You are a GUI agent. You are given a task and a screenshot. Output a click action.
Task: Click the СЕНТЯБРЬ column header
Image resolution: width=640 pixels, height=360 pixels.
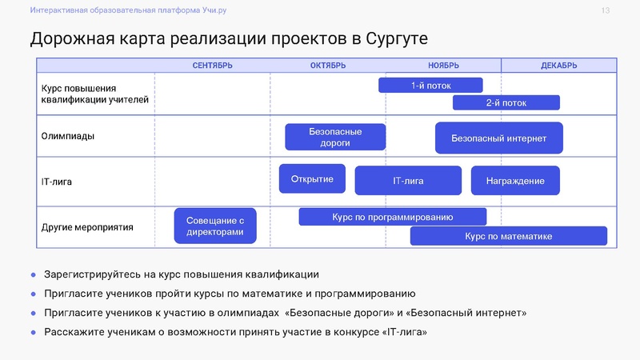(x=212, y=66)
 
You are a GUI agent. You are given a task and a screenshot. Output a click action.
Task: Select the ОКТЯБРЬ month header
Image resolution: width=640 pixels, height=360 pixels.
(x=328, y=66)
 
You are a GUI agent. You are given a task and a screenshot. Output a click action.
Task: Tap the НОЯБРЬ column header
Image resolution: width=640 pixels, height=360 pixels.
(x=443, y=66)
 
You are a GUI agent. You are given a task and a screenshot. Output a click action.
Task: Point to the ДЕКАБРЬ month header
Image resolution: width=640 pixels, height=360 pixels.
(x=558, y=66)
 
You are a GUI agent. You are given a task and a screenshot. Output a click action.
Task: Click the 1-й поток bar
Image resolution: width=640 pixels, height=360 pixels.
(x=430, y=85)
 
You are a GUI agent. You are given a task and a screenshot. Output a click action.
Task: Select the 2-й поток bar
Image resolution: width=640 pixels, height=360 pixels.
(x=506, y=102)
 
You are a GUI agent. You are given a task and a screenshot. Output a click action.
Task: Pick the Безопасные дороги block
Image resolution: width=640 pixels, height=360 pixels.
(x=335, y=137)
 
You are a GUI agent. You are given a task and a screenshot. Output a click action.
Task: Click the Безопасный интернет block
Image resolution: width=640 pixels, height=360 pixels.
(x=498, y=138)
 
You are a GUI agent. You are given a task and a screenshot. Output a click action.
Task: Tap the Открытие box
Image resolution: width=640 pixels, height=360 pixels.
(x=312, y=178)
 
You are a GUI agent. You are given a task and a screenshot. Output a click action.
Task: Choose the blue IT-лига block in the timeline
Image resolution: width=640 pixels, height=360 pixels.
(x=408, y=181)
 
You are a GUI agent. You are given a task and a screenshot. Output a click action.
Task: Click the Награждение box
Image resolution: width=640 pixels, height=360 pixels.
(x=515, y=181)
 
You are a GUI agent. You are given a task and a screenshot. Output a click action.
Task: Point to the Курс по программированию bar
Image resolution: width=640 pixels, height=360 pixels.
(x=392, y=217)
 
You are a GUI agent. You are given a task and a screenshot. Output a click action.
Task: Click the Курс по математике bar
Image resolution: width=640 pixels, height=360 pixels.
(x=508, y=236)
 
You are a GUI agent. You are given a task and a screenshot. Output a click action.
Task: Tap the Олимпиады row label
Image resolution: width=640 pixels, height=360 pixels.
(x=68, y=136)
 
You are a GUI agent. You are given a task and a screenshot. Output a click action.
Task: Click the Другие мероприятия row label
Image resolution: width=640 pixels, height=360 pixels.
(x=87, y=227)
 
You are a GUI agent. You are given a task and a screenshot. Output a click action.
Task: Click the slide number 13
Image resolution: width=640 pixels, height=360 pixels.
(x=605, y=10)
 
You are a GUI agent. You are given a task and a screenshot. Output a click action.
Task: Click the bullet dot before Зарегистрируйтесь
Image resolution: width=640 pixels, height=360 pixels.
(x=34, y=274)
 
